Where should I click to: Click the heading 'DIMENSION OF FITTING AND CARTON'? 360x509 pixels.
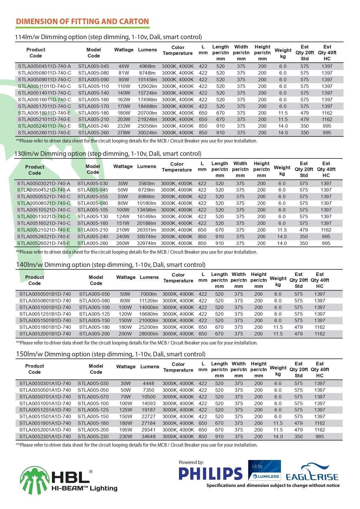[x=82, y=21]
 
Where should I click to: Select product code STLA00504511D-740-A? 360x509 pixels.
[x=44, y=66]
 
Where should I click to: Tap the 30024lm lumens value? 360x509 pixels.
[x=147, y=133]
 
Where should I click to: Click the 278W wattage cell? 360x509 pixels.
[x=124, y=133]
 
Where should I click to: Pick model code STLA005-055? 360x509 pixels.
[x=93, y=196]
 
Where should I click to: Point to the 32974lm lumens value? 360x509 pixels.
[x=146, y=243]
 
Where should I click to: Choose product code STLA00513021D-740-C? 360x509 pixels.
[x=44, y=216]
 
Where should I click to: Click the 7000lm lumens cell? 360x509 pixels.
[x=148, y=294]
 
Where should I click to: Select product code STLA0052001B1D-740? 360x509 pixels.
[x=45, y=334]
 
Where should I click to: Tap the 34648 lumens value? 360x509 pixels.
[x=149, y=436]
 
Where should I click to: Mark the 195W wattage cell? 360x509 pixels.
[x=126, y=430]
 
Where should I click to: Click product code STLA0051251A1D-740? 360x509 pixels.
[x=45, y=410]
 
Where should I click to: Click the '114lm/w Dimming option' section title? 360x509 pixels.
[x=108, y=37]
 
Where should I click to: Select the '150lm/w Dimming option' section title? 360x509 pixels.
[x=111, y=354]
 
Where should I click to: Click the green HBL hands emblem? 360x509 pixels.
[x=35, y=480]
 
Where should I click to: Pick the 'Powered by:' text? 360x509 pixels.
[x=191, y=462]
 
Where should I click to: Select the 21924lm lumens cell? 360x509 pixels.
[x=147, y=119]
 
